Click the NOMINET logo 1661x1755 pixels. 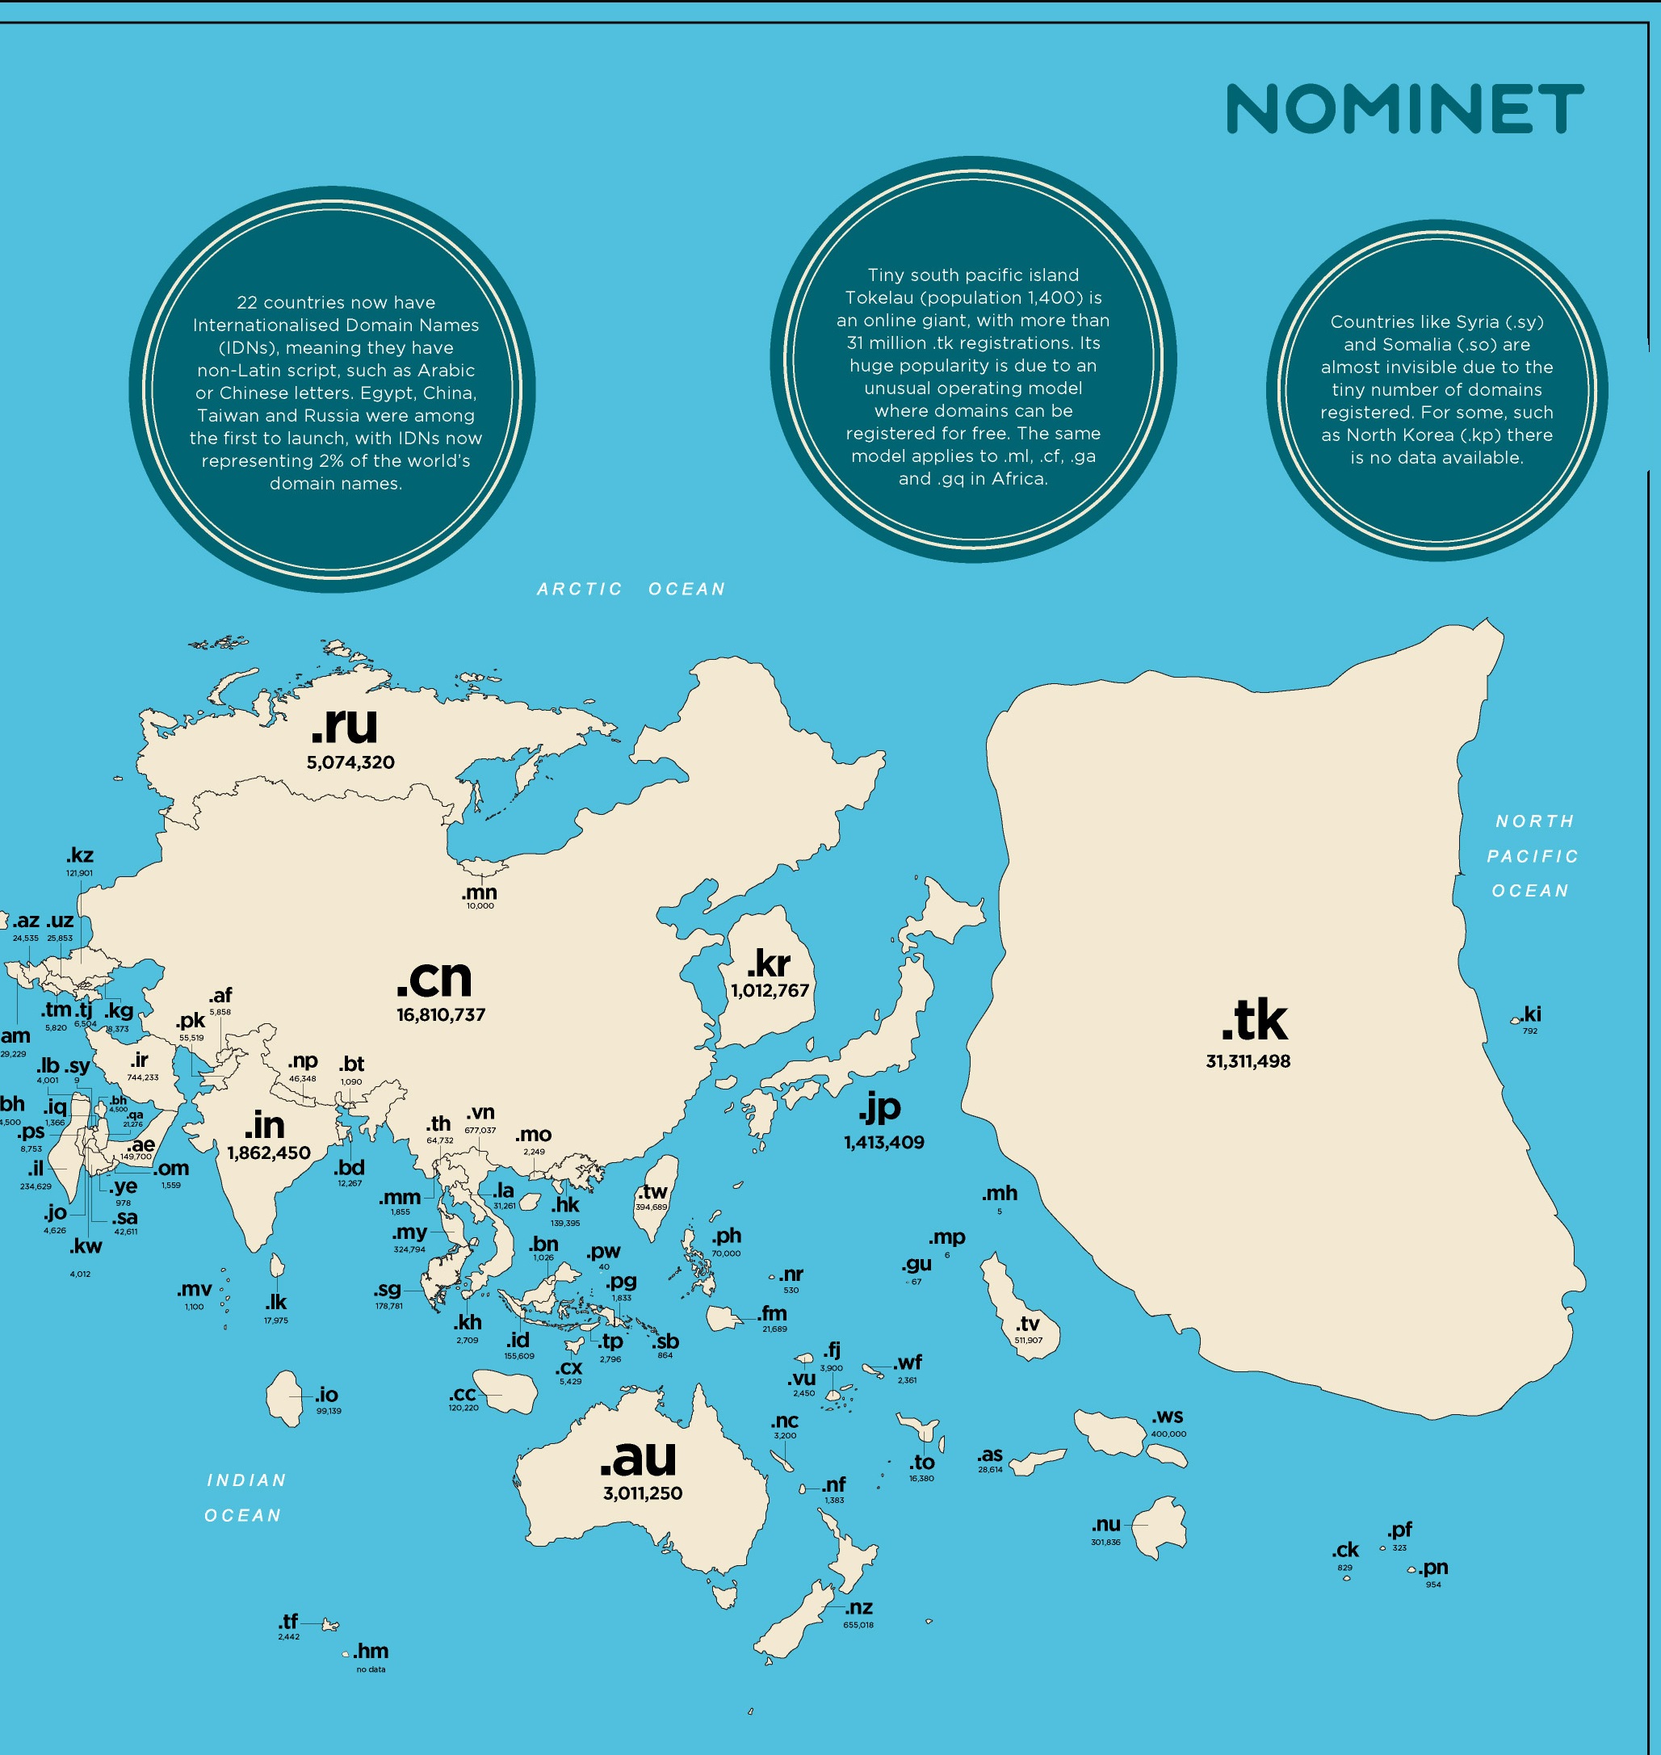tap(1404, 109)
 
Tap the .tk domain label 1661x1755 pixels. tap(1254, 1022)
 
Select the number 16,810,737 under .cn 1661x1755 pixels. tap(441, 1014)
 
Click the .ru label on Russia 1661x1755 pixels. tap(345, 724)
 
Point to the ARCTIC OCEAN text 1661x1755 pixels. tap(631, 589)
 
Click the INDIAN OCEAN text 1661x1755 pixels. tap(245, 1497)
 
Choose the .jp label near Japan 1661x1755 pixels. tap(879, 1106)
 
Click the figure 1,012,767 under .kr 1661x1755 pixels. tap(770, 991)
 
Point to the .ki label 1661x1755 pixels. tap(1532, 1014)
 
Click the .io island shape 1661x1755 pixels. tap(284, 1399)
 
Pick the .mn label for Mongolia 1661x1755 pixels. tap(480, 892)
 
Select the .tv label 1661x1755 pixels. tap(1028, 1324)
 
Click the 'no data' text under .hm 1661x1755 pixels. tap(371, 1670)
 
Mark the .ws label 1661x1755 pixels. tap(1167, 1417)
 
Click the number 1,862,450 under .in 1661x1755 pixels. tap(269, 1153)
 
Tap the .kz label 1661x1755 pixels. tap(80, 855)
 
